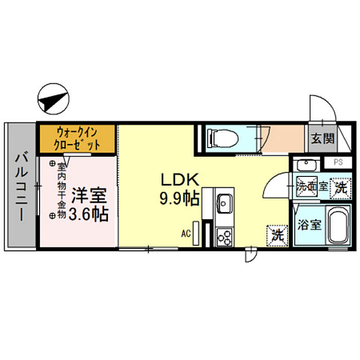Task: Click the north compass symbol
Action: pyautogui.click(x=53, y=99)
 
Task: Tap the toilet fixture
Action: pyautogui.click(x=223, y=138)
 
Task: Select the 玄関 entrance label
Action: pyautogui.click(x=322, y=139)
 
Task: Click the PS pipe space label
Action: pyautogui.click(x=338, y=162)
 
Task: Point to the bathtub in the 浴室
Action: pyautogui.click(x=338, y=225)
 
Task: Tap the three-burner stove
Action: pyautogui.click(x=224, y=237)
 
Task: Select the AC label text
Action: pyautogui.click(x=186, y=233)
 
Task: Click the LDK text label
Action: pyautogui.click(x=180, y=180)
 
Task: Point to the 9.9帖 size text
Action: pyautogui.click(x=179, y=198)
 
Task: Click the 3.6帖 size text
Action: pyautogui.click(x=88, y=214)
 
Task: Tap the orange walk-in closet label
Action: pyautogui.click(x=77, y=139)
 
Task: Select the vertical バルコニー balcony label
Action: pyautogui.click(x=22, y=188)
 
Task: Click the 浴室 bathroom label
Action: pyautogui.click(x=309, y=225)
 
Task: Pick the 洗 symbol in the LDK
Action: pyautogui.click(x=277, y=236)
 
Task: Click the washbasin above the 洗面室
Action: pyautogui.click(x=307, y=165)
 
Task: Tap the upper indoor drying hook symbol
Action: pyautogui.click(x=52, y=164)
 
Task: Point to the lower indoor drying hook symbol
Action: pyautogui.click(x=52, y=215)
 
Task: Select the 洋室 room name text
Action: pyautogui.click(x=89, y=196)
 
